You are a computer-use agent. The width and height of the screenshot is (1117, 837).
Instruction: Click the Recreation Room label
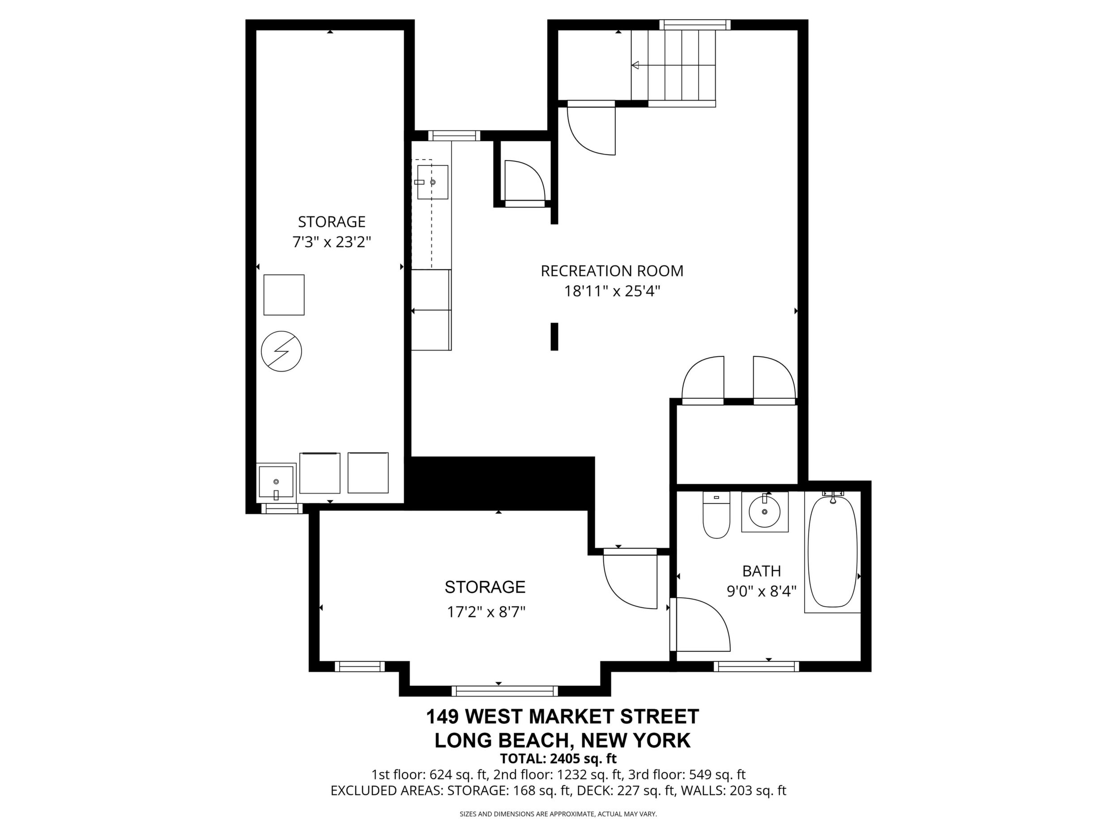point(612,271)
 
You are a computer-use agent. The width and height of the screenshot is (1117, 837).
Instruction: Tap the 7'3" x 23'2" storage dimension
point(332,243)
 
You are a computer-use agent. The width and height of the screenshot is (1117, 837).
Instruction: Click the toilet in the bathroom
point(716,515)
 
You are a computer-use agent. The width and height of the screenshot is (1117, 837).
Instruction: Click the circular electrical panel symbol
point(281,351)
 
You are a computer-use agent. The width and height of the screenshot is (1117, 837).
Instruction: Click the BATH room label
point(762,571)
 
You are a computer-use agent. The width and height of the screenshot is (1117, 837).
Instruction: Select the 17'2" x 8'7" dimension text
point(486,613)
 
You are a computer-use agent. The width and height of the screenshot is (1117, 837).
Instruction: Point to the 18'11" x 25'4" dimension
point(612,291)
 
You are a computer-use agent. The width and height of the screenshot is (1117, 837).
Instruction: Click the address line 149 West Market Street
point(563,716)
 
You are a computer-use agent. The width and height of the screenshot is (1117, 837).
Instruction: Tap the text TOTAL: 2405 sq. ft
point(558,758)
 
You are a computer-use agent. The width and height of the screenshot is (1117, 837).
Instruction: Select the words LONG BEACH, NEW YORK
point(563,740)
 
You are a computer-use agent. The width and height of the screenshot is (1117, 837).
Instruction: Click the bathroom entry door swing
point(700,625)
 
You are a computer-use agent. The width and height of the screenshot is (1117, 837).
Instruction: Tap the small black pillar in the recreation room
point(554,337)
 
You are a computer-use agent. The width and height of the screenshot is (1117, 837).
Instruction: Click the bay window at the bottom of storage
point(504,691)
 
